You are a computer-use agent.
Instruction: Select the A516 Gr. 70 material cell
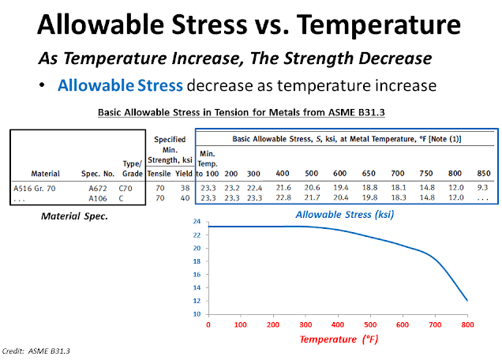[x=39, y=187]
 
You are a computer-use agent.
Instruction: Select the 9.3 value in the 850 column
[x=483, y=187]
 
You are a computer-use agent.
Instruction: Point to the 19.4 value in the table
[x=339, y=187]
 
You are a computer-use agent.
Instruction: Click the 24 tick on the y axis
[x=195, y=222]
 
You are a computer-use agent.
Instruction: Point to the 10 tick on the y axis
[x=195, y=313]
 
